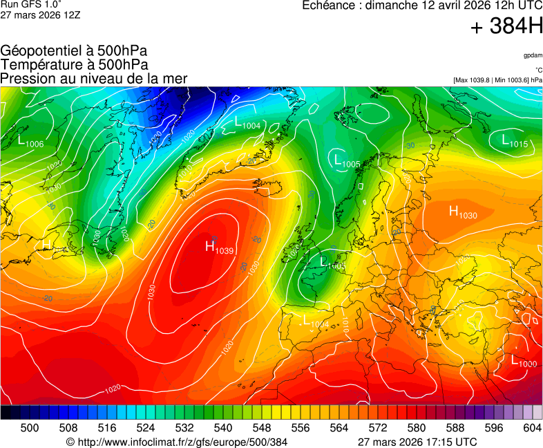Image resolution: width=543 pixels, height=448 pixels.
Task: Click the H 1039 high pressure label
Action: click(x=219, y=247)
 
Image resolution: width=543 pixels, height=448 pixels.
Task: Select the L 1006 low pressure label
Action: click(x=30, y=142)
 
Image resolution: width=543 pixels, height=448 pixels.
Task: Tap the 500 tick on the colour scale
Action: click(x=30, y=428)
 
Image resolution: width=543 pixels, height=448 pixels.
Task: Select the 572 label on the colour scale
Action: click(x=378, y=428)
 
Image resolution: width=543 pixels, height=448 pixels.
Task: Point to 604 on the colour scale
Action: click(x=532, y=428)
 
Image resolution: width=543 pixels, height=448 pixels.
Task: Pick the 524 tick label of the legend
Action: click(x=146, y=428)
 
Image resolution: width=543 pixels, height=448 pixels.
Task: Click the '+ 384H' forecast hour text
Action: click(x=506, y=27)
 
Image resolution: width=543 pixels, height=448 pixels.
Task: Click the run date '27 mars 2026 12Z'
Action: click(x=40, y=15)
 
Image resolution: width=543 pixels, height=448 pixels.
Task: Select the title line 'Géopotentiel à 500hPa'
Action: click(x=74, y=51)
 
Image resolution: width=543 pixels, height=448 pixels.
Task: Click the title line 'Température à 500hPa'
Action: click(x=74, y=65)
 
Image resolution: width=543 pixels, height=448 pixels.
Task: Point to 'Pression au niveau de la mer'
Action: click(x=94, y=78)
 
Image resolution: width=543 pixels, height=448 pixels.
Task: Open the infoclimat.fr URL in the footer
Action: click(x=176, y=442)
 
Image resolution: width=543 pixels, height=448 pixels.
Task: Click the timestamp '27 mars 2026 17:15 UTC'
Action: click(x=417, y=442)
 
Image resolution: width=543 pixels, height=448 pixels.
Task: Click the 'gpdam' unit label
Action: click(x=533, y=55)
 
